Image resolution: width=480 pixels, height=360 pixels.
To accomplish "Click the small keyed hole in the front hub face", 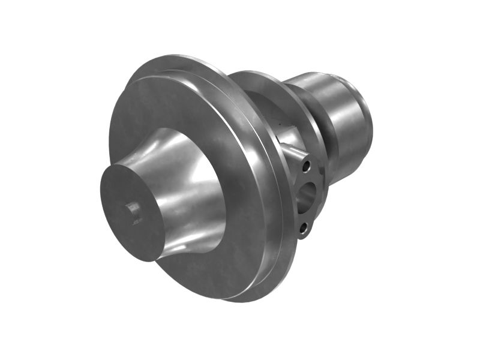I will tap(133, 211).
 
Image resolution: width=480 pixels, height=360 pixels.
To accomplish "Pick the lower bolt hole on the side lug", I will tap(304, 227).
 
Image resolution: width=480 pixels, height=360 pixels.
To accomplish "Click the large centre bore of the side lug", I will tap(307, 195).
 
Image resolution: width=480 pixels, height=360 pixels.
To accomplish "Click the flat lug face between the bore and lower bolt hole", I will tap(304, 214).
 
